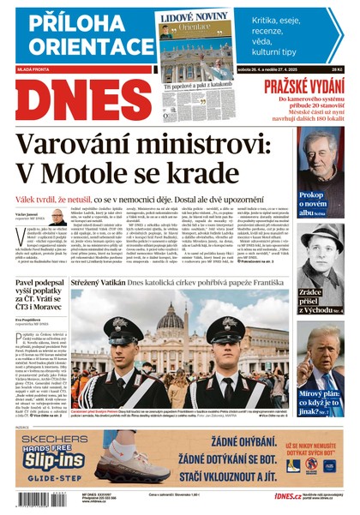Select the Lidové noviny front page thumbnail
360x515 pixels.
tap(196, 56)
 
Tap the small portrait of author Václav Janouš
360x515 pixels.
tap(57, 219)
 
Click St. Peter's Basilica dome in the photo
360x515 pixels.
tap(171, 315)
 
